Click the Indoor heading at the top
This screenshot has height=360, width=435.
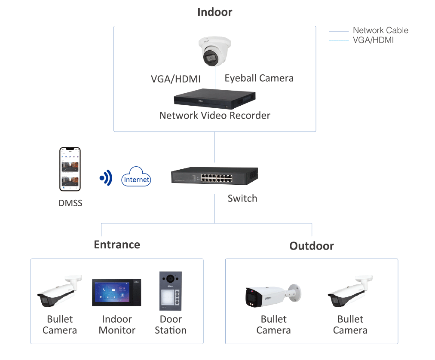pyautogui.click(x=214, y=12)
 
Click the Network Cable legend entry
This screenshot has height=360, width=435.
pyautogui.click(x=380, y=31)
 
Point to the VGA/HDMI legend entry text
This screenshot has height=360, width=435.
pyautogui.click(x=373, y=40)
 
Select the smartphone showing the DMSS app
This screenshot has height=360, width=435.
pyautogui.click(x=70, y=169)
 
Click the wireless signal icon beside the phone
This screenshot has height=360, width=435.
pyautogui.click(x=106, y=177)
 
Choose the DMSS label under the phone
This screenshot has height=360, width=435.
pyautogui.click(x=70, y=203)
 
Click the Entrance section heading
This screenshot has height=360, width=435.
pyautogui.click(x=117, y=244)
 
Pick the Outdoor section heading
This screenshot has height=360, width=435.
pyautogui.click(x=311, y=246)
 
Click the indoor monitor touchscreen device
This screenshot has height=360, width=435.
pyautogui.click(x=116, y=293)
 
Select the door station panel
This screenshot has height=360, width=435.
pyautogui.click(x=171, y=291)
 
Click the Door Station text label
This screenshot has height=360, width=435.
pyautogui.click(x=171, y=325)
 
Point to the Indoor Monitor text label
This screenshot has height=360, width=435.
pyautogui.click(x=117, y=325)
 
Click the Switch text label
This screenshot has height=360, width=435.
pyautogui.click(x=242, y=198)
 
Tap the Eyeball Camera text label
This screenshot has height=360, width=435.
pyautogui.click(x=259, y=78)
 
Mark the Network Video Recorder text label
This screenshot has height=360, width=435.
pyautogui.click(x=214, y=116)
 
